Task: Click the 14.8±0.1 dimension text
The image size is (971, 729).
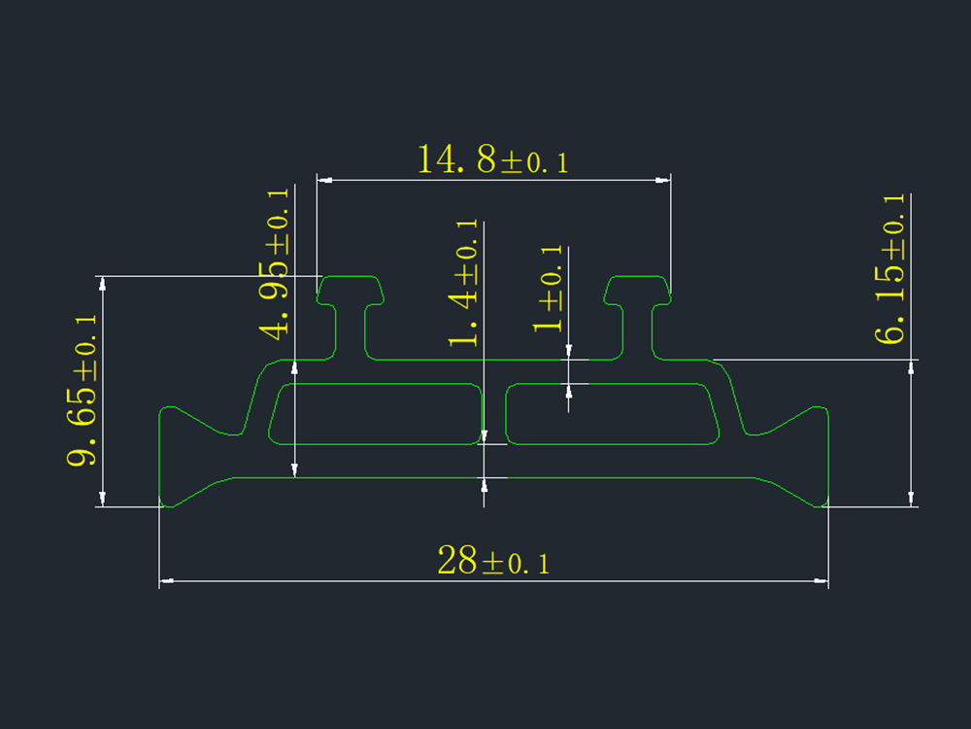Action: pyautogui.click(x=493, y=159)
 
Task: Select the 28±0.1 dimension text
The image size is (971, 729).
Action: pyautogui.click(x=493, y=561)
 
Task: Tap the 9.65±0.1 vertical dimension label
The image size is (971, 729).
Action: pyautogui.click(x=83, y=390)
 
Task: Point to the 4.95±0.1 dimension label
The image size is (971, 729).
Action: pyautogui.click(x=275, y=264)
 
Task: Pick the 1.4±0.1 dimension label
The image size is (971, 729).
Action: pyautogui.click(x=463, y=283)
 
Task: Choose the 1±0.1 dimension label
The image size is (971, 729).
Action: pyautogui.click(x=548, y=289)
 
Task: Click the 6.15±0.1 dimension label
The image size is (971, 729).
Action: pyautogui.click(x=889, y=268)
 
